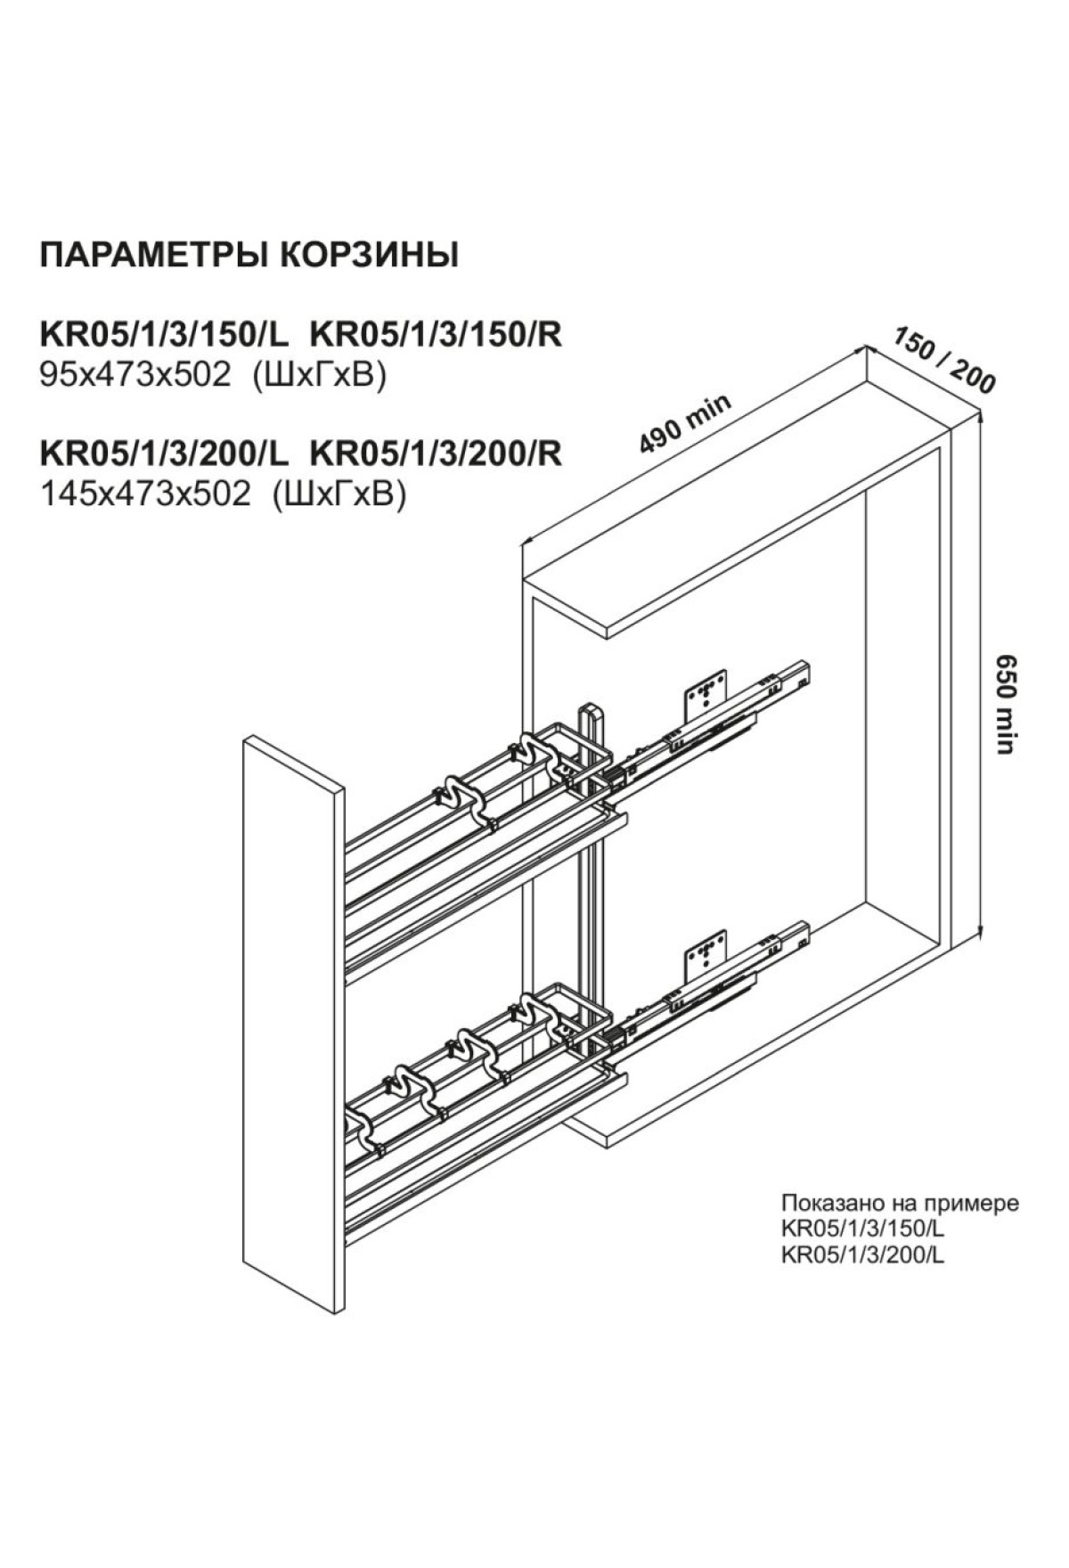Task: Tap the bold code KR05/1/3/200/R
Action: (x=436, y=453)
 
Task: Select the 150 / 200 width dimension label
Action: (x=943, y=360)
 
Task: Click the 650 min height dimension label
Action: (x=1005, y=704)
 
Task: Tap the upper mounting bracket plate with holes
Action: (x=706, y=696)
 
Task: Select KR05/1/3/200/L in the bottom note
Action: (x=861, y=1256)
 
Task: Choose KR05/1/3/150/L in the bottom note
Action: (x=861, y=1230)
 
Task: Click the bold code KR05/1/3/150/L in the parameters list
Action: (x=165, y=335)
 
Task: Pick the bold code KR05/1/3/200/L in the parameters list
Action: (x=165, y=453)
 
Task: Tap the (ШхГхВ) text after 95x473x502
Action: (x=320, y=376)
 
